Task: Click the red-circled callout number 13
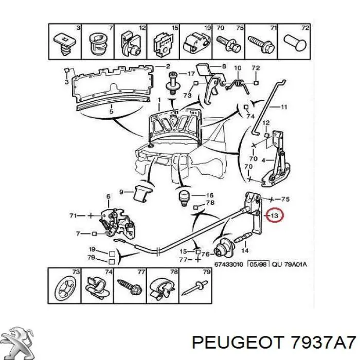tap(274, 215)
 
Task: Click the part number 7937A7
tap(323, 343)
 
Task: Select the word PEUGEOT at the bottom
tap(237, 343)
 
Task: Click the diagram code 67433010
tap(228, 264)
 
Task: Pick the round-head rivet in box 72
tap(295, 43)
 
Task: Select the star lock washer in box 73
tap(65, 288)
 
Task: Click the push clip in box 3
tap(65, 45)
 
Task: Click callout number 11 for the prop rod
tap(284, 107)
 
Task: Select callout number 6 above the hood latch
tap(108, 196)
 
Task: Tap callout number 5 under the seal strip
tap(112, 112)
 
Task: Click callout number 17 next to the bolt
tap(191, 74)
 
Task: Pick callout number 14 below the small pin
tap(245, 250)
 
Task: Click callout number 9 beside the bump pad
tap(121, 192)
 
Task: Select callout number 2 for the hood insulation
tap(168, 66)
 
